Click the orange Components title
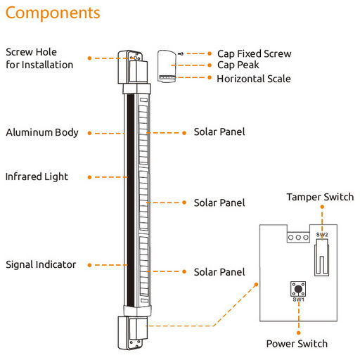(x=53, y=13)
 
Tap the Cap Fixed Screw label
(x=255, y=53)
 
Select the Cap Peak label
(x=238, y=65)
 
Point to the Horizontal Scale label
(x=254, y=79)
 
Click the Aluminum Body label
(x=42, y=132)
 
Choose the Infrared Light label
(x=37, y=176)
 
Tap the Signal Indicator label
(x=41, y=264)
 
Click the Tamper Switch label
(x=320, y=197)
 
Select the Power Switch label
(x=297, y=344)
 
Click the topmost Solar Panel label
(x=219, y=131)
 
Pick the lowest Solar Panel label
(x=219, y=272)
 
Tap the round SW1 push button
(x=298, y=289)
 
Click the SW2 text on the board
(x=322, y=234)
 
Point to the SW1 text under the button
(x=298, y=300)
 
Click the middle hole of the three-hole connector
(x=298, y=238)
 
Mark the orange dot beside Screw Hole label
(x=89, y=58)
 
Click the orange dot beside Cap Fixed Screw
(x=210, y=53)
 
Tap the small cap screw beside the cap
(x=181, y=53)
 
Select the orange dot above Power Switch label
(x=299, y=333)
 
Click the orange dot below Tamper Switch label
(x=322, y=207)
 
